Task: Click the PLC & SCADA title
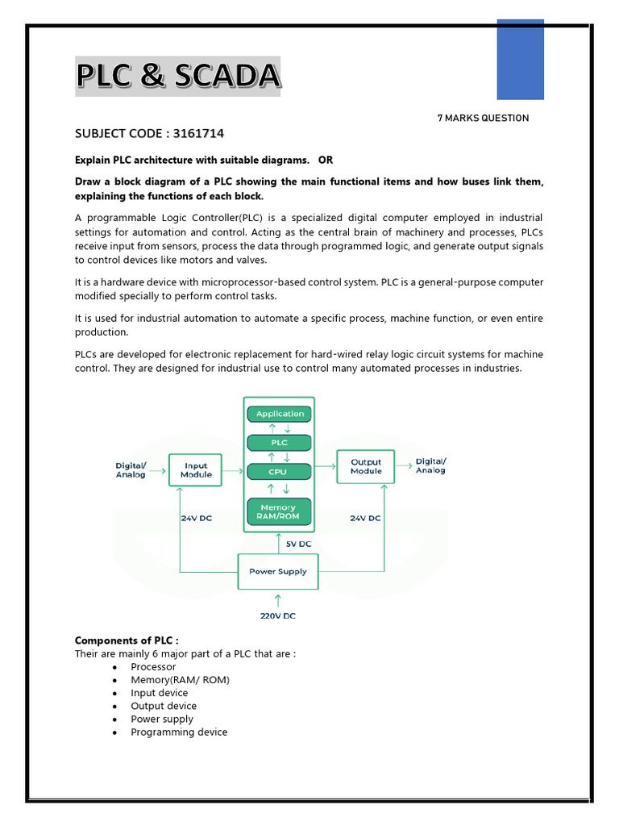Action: pos(178,77)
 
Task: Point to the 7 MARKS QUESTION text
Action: pos(483,119)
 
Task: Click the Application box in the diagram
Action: pos(280,414)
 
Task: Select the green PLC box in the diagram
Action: pos(280,442)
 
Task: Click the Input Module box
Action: pos(196,469)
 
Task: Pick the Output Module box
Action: pos(366,466)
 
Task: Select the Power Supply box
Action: pos(278,571)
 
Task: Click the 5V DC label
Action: pos(298,544)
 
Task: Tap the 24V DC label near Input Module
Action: pos(196,519)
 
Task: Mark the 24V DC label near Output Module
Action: pos(365,519)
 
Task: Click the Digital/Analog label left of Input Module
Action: pos(131,469)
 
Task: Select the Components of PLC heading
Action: pos(127,640)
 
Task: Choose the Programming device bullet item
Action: pos(179,732)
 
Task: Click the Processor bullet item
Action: pos(153,667)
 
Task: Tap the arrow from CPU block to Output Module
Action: pos(326,465)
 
